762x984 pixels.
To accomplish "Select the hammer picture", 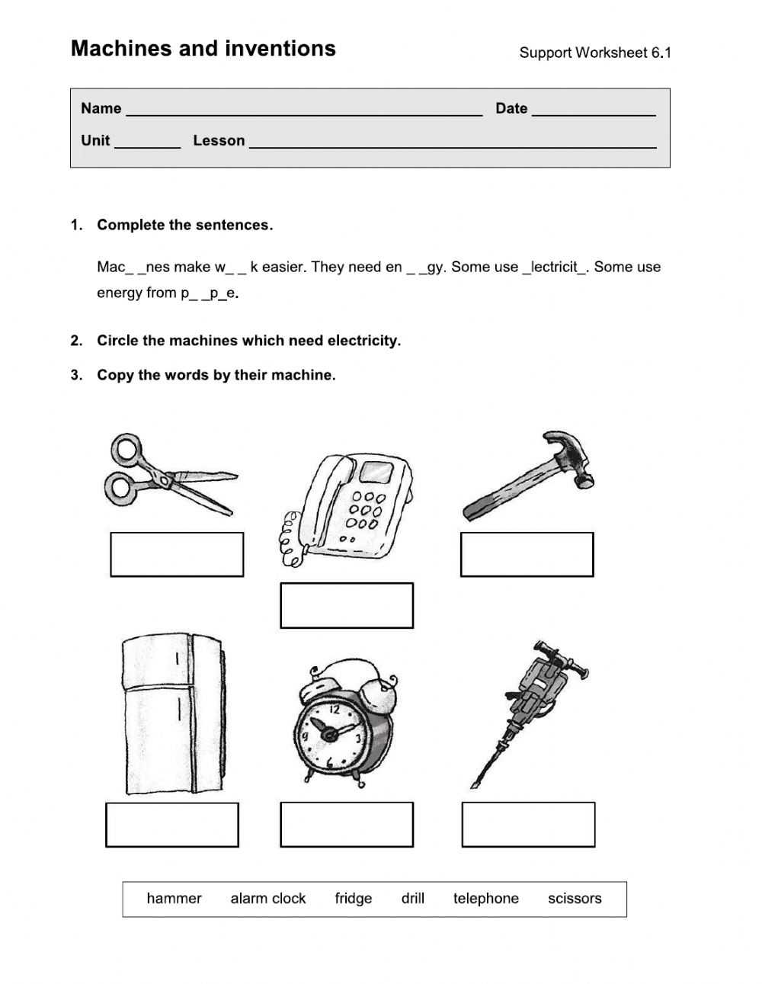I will click(529, 477).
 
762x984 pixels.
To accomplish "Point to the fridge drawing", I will click(173, 713).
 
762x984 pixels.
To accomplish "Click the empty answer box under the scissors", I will click(177, 555).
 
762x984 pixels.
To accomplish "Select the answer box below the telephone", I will click(347, 606).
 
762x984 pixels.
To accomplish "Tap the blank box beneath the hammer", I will click(527, 555).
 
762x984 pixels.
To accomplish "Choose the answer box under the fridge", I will click(172, 825).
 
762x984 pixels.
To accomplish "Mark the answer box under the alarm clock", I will click(347, 825).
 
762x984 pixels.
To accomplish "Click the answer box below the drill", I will click(528, 825).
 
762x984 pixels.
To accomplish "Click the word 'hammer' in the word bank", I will click(174, 899).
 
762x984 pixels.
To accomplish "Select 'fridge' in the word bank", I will click(354, 899).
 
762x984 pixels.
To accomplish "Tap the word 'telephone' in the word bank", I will click(486, 899).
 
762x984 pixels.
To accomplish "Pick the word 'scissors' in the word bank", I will click(575, 899).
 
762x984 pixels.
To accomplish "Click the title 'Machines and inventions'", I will click(203, 49).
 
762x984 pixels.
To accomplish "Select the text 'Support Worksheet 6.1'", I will click(595, 53).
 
